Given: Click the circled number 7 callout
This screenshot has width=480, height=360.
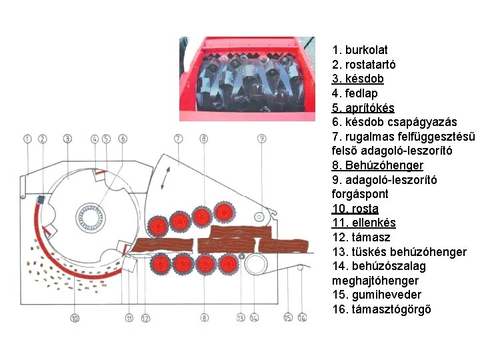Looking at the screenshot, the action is coord(177,139).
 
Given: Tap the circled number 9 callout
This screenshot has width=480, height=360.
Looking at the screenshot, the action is coord(262,139).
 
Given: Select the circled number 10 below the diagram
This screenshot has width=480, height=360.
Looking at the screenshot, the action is coord(75,319).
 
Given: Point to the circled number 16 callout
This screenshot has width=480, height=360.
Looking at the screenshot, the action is coord(302,318).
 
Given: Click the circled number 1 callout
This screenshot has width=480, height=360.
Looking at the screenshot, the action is coord(27,139).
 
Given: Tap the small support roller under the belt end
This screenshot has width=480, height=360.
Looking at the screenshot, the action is coord(301,268).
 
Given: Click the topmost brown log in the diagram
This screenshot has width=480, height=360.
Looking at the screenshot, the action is coord(240,231).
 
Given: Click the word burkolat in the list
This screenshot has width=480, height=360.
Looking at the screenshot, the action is coord(366,50).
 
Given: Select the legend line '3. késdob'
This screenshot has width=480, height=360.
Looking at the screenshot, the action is coord(358,79).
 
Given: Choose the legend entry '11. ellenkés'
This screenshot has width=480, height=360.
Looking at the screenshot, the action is coord(364,223).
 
